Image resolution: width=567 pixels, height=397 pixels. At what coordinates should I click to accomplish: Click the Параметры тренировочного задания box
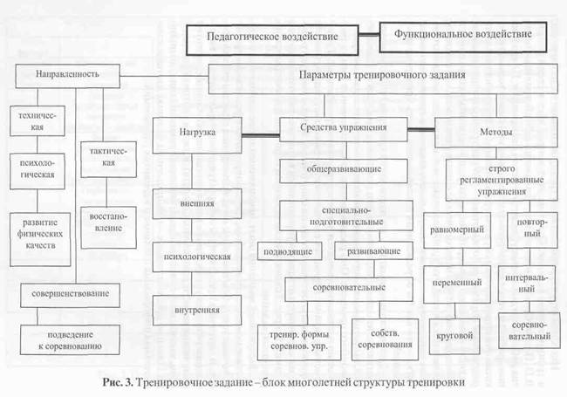click(381, 76)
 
